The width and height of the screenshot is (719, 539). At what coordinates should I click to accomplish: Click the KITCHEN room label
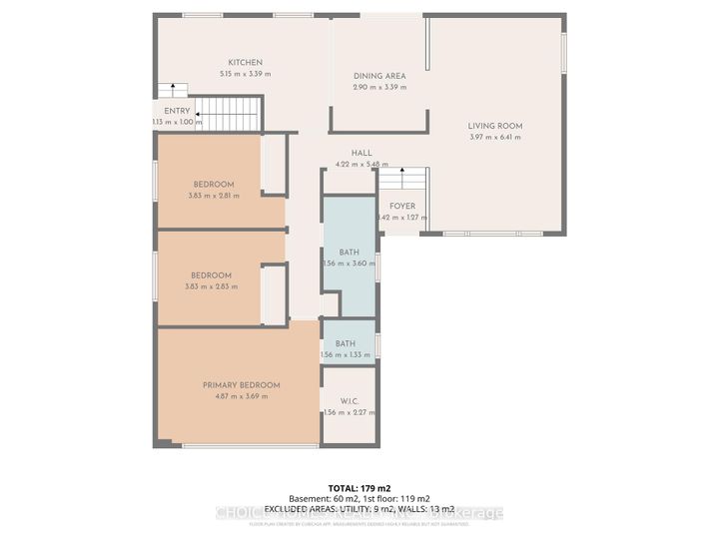[245, 62]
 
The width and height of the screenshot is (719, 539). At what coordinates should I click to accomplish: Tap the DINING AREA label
[379, 76]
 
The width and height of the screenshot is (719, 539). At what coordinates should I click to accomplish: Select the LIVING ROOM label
[495, 126]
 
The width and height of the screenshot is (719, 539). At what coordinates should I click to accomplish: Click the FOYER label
[402, 206]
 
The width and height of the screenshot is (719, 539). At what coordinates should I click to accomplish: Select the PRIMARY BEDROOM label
[241, 384]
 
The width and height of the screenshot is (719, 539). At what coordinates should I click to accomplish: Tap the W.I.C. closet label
[348, 401]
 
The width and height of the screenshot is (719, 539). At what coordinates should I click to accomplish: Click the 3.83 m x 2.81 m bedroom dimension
[214, 196]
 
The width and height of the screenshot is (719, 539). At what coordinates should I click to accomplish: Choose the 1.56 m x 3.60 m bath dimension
[349, 264]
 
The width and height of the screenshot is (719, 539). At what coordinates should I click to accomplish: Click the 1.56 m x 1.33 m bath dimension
[349, 355]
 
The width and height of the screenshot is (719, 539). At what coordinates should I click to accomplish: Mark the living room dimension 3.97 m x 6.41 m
[495, 138]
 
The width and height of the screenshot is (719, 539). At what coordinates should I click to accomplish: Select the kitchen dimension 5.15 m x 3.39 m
[245, 74]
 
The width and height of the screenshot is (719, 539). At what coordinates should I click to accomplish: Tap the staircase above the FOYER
[401, 182]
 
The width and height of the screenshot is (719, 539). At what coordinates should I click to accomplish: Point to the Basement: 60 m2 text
[321, 497]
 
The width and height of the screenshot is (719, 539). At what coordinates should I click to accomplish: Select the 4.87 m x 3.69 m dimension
[241, 396]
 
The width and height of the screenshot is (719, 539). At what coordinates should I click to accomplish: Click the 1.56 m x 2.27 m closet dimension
[349, 413]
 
